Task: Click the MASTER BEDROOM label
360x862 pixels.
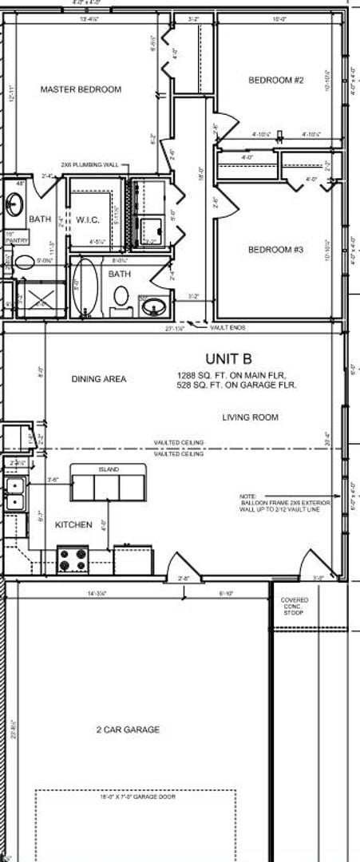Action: click(x=81, y=89)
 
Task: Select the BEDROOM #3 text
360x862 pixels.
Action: click(x=275, y=250)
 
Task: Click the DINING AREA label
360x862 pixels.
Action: click(x=98, y=379)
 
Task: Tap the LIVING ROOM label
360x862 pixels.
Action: click(x=250, y=417)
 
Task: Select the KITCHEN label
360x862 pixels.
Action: click(x=73, y=525)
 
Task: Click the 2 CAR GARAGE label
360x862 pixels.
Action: click(x=128, y=730)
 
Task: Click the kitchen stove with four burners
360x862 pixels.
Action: click(x=73, y=558)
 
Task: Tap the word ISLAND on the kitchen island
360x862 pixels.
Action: click(x=109, y=471)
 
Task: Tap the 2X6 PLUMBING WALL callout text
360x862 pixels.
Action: click(x=89, y=164)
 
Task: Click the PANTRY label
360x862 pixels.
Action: click(x=16, y=239)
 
